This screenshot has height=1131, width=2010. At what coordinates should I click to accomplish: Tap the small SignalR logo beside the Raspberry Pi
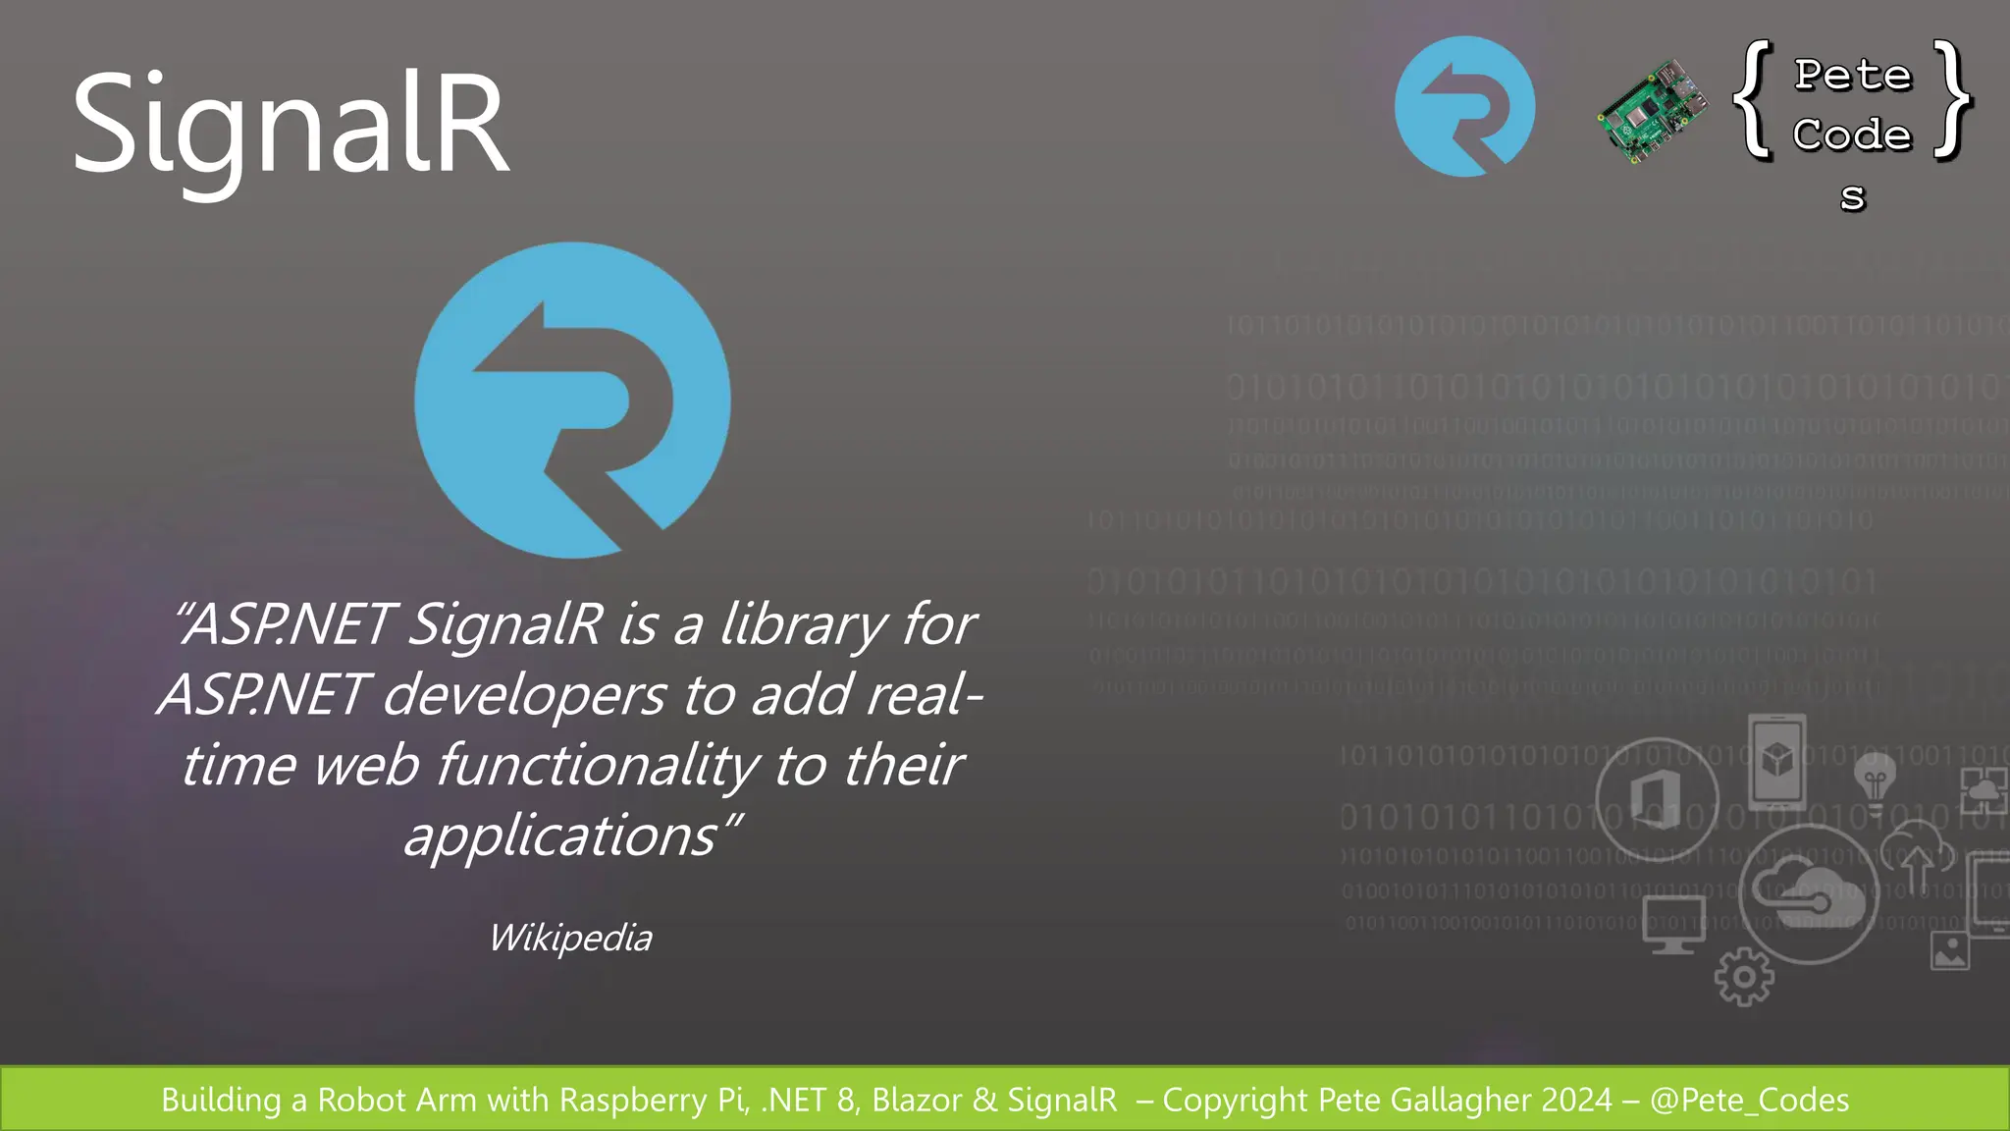point(1464,106)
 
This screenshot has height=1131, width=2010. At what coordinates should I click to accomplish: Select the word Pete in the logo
point(1853,76)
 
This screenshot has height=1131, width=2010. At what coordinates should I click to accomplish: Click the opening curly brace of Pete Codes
point(1754,99)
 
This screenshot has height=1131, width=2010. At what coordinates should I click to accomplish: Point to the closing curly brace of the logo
point(1953,99)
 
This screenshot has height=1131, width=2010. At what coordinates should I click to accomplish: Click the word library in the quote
point(804,624)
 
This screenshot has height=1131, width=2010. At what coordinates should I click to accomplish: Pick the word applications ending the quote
point(561,836)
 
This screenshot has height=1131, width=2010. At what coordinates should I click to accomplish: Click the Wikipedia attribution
point(570,938)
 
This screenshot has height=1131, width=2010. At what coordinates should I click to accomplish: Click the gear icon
point(1744,976)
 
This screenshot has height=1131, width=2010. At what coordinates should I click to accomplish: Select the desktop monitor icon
point(1674,924)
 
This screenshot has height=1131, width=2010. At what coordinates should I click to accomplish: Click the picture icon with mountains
point(1949,950)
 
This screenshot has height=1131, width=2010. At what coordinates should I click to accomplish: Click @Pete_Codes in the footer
point(1749,1100)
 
